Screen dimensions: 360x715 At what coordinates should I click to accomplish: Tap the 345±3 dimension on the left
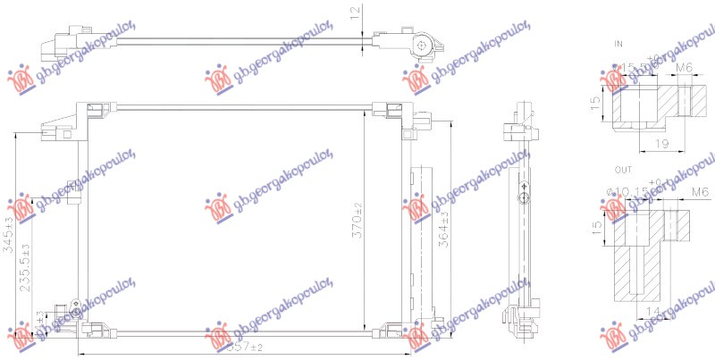click(9, 236)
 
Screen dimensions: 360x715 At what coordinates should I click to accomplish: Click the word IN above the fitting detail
click(618, 44)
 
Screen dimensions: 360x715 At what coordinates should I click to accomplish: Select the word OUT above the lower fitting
click(622, 168)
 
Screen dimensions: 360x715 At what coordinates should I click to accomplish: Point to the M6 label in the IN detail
click(684, 67)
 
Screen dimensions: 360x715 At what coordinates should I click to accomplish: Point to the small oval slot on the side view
click(525, 191)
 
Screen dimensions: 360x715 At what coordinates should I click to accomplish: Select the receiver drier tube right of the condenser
click(420, 241)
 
